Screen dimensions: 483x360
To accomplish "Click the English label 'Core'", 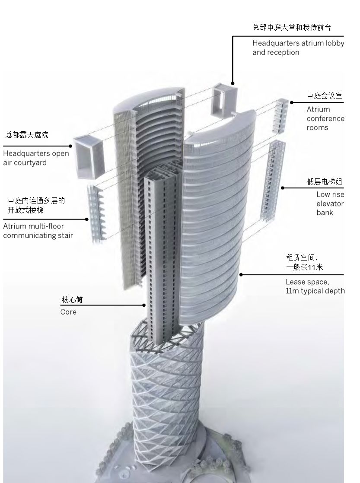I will tap(68, 312).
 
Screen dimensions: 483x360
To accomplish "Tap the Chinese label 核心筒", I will tap(72, 300).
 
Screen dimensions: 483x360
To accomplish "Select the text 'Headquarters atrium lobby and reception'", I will tap(298, 48).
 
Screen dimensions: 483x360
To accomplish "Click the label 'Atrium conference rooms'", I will tap(325, 118).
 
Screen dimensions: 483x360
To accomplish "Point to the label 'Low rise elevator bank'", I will tap(330, 203).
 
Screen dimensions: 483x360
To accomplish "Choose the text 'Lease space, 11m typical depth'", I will tap(315, 286).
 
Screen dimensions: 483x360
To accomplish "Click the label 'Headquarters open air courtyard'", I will tap(36, 158).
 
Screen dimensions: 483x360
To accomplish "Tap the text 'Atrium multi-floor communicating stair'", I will tap(38, 231).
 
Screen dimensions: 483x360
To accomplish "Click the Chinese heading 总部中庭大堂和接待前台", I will tap(292, 28).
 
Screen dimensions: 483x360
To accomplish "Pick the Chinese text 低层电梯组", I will tap(325, 182).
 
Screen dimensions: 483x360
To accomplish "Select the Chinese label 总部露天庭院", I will tap(27, 135).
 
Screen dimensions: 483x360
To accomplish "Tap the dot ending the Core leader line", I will tap(144, 305).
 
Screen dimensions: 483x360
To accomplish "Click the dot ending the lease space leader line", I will tap(241, 274).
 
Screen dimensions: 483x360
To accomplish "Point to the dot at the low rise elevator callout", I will tap(283, 187).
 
